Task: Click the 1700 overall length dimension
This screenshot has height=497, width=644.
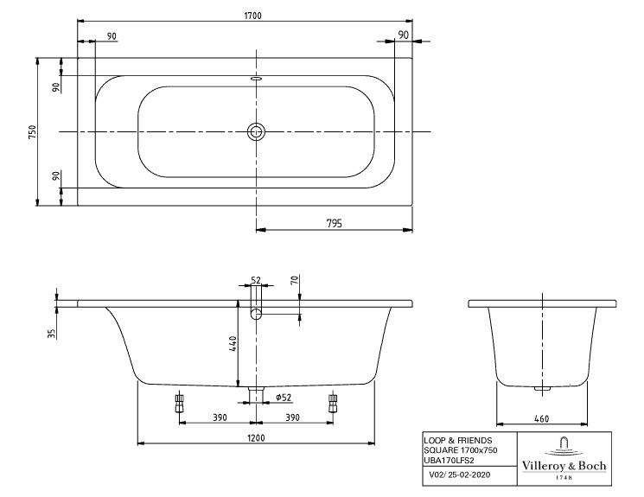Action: [x=252, y=16]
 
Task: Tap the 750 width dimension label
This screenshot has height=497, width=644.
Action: [x=32, y=131]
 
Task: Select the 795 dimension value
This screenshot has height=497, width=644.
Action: [x=334, y=224]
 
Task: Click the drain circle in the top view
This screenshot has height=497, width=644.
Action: [x=256, y=132]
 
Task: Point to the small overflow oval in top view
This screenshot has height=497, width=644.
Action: [x=256, y=77]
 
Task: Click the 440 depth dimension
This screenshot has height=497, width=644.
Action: [x=233, y=343]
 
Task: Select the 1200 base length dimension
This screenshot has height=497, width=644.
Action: [x=256, y=438]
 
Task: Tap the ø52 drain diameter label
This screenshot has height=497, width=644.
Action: [x=284, y=398]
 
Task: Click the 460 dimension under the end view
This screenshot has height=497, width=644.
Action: [x=541, y=418]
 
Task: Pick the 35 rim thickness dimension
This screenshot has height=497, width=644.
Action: [x=51, y=333]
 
